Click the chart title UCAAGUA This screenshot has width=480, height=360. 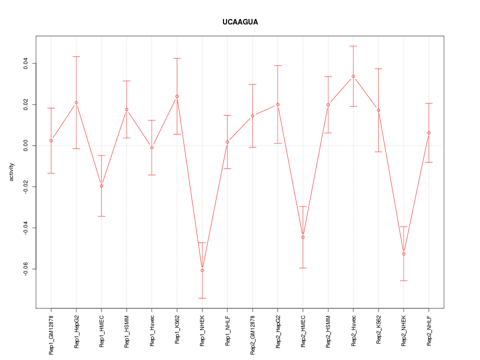240,22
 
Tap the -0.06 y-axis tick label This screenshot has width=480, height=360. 25,269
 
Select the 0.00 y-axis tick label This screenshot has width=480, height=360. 25,145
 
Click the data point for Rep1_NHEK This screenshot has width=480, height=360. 202,270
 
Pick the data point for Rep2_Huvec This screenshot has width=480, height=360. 353,76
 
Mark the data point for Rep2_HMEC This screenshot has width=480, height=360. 302,237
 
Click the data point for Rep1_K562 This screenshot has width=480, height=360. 176,96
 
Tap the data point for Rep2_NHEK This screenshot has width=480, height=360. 403,254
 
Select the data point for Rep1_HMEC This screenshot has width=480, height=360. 101,186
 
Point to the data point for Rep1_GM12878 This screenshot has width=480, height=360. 51,140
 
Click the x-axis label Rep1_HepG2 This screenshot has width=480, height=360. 76,331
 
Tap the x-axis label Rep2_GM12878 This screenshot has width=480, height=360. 252,334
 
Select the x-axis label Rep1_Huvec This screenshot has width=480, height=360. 152,330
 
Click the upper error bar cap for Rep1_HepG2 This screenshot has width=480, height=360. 76,56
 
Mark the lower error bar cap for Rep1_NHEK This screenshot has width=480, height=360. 202,298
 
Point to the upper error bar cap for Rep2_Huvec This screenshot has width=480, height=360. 353,46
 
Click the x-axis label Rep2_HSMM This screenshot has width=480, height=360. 328,331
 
